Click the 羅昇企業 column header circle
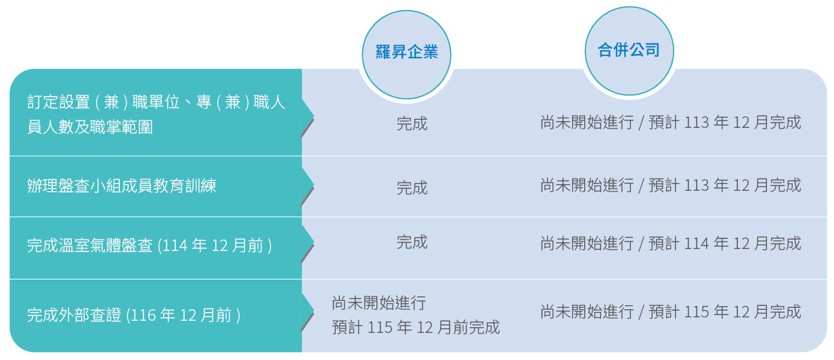click(x=407, y=55)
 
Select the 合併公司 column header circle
click(x=630, y=51)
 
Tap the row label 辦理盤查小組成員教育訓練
click(x=121, y=186)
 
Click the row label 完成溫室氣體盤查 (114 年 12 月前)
click(x=150, y=246)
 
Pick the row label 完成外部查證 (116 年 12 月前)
click(x=133, y=315)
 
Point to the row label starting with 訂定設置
click(x=156, y=114)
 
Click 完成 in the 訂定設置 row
click(x=412, y=124)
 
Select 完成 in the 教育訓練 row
click(x=412, y=187)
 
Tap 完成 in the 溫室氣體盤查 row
click(x=412, y=242)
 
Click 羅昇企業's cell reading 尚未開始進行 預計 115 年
click(x=416, y=315)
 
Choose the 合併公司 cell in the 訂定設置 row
click(x=671, y=122)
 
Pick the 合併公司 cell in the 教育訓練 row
click(x=671, y=185)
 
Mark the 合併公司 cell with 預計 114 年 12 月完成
click(x=671, y=244)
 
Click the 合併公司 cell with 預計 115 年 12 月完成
click(x=671, y=311)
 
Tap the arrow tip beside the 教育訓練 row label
click(x=313, y=185)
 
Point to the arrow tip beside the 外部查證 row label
click(x=313, y=311)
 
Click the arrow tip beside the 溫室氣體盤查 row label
click(x=313, y=242)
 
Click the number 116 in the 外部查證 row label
click(x=143, y=315)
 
